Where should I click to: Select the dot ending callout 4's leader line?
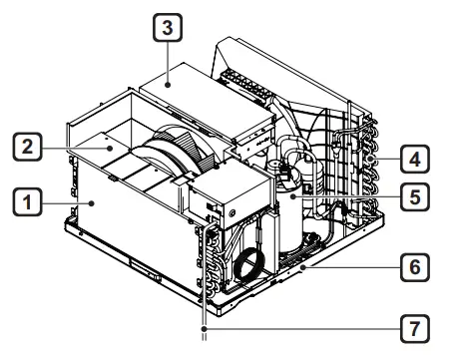369,158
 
